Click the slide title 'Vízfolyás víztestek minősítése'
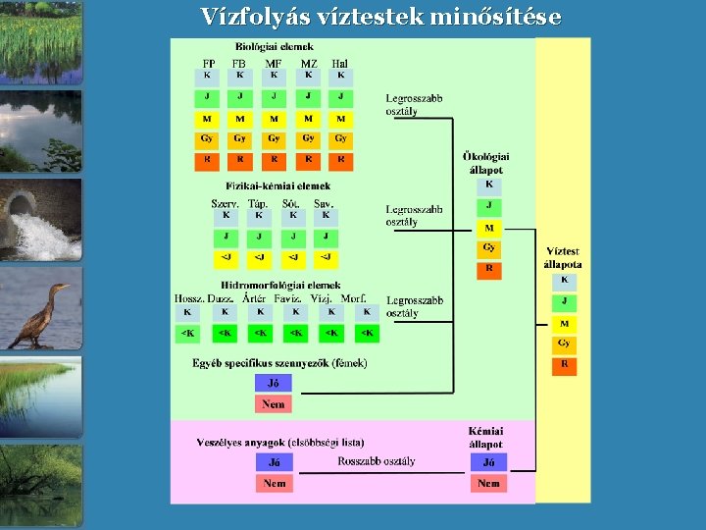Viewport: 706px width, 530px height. coord(380,17)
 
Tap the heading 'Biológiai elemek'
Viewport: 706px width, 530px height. coord(275,46)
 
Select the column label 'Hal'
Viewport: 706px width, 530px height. coord(339,64)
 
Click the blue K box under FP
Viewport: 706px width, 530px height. coord(207,76)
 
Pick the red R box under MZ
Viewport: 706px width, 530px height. coord(308,159)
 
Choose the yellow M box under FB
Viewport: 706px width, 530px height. coord(239,118)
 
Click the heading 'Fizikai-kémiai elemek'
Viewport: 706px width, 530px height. coord(278,185)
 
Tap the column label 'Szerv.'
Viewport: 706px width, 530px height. coord(226,203)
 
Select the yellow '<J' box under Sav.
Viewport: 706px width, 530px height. coord(325,258)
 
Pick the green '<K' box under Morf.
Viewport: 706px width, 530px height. coord(366,334)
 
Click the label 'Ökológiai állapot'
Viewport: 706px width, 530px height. coord(486,163)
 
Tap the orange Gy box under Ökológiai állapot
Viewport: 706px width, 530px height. coord(489,248)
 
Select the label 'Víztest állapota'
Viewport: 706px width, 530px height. coord(564,257)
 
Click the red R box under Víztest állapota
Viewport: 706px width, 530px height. coord(564,364)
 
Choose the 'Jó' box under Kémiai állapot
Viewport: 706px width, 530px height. coord(488,462)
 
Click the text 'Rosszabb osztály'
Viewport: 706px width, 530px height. coord(377,461)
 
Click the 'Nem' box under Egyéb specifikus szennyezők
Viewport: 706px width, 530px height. coord(274,403)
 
